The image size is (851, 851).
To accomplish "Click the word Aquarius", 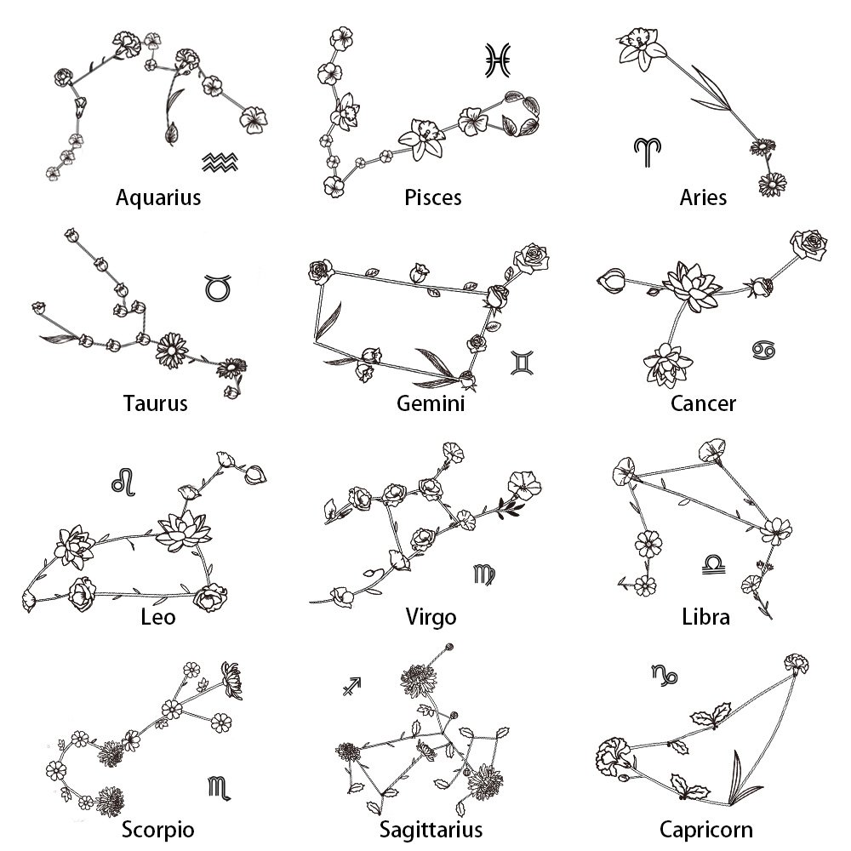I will pos(158,198).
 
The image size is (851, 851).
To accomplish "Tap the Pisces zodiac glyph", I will pos(497,60).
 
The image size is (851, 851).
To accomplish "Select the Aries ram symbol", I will pos(647,151).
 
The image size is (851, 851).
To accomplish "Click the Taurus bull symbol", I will pos(218,287).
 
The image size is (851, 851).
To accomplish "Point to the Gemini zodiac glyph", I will pos(520,363).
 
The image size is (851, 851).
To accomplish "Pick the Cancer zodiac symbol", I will pos(759,349).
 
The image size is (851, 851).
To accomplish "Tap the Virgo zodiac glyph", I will pos(483,575).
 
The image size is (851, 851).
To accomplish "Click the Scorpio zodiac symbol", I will pos(219,787).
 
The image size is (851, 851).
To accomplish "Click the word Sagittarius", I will pos(431,829).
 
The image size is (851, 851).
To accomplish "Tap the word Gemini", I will pos(431,403).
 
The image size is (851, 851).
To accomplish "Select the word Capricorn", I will pos(705,829).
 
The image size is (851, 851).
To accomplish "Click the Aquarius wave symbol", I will pos(218,162).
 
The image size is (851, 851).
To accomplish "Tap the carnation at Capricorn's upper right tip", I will pos(796,663).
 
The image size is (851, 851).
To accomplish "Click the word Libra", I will pos(705,616).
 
